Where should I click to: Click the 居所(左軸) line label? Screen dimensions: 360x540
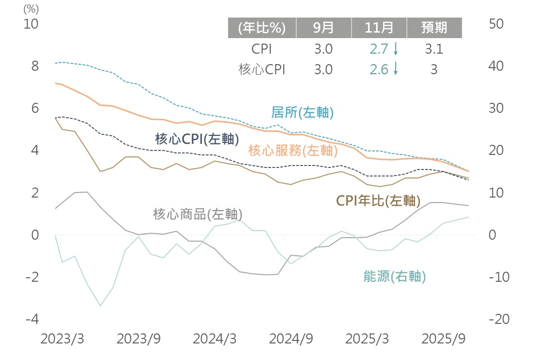click(x=302, y=112)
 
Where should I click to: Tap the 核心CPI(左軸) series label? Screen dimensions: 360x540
click(x=197, y=139)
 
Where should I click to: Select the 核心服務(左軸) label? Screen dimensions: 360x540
click(x=290, y=149)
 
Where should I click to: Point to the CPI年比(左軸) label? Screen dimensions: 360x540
click(x=378, y=201)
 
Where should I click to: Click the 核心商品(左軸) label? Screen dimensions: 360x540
click(x=198, y=214)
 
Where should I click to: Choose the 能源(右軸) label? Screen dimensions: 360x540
click(x=395, y=276)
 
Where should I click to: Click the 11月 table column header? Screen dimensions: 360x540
click(x=379, y=28)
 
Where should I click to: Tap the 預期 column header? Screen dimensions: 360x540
click(x=434, y=28)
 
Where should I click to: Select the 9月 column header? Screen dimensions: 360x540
click(x=323, y=28)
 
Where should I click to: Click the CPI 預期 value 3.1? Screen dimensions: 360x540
click(x=434, y=49)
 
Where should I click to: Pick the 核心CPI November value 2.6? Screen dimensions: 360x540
click(x=379, y=70)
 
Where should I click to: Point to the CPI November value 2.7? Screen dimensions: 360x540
click(x=379, y=49)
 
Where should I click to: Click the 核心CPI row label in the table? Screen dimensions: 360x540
click(x=262, y=70)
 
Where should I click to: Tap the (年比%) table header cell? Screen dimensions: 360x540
click(x=262, y=28)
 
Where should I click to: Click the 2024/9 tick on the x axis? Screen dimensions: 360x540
click(x=291, y=339)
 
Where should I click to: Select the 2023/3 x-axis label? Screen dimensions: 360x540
click(x=62, y=339)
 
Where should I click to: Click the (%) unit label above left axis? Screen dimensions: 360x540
click(x=31, y=9)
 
